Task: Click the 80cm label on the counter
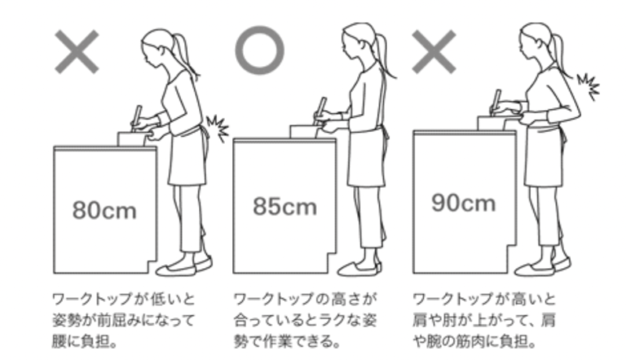(104, 210)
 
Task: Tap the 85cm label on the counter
(284, 206)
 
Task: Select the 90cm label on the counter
(464, 202)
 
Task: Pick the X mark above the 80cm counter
(77, 51)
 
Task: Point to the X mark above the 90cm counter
(434, 51)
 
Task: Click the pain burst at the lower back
(218, 128)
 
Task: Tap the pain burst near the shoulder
(589, 86)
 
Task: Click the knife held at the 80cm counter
(137, 117)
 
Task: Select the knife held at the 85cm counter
(321, 109)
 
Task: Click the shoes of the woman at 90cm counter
(543, 266)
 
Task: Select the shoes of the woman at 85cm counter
(360, 267)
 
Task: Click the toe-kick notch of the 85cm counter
(333, 262)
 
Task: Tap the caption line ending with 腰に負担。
(84, 341)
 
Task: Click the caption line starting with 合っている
(306, 320)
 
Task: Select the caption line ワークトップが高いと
(484, 299)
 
